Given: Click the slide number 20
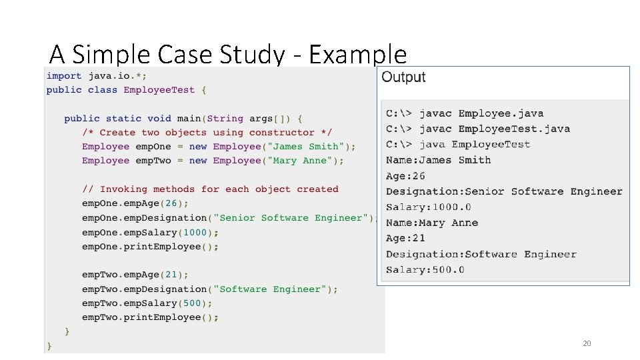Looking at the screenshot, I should point(587,343).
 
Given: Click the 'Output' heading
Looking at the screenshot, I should point(403,77).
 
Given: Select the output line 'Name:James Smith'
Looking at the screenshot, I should point(438,160).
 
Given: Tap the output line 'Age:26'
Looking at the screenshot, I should point(405,176).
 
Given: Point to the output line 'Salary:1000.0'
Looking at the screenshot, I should point(429,207).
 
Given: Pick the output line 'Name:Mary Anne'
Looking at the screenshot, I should point(432,223).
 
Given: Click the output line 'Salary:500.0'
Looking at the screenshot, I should point(425,270).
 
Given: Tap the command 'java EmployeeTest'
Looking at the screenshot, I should point(474,145).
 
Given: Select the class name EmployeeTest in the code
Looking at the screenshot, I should point(159,90).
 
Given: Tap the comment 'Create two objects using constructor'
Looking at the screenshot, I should point(207,133).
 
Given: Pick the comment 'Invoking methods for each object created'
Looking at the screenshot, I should point(210,189).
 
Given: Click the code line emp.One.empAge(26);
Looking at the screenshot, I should point(135,203).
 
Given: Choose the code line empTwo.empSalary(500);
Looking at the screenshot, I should point(150,303).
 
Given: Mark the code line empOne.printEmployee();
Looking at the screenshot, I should point(150,247).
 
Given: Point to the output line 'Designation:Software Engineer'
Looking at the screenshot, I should point(481,254).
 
